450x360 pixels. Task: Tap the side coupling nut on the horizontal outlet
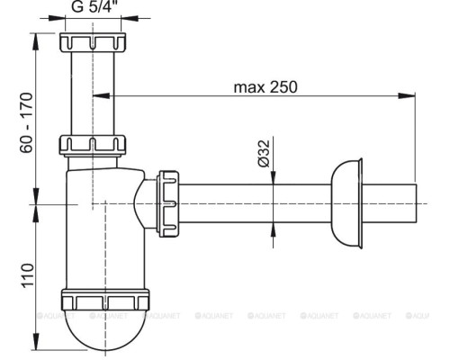point(168,203)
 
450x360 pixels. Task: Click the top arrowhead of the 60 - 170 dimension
point(37,37)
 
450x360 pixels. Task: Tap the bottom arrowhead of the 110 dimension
point(37,348)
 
